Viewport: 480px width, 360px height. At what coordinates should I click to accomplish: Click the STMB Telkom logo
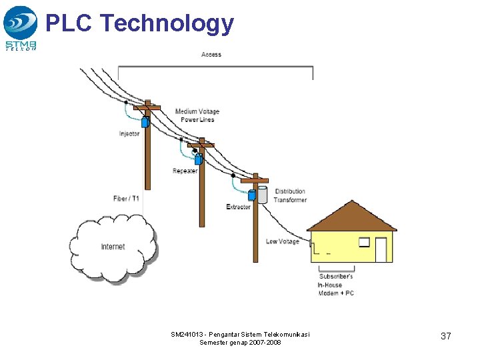21,27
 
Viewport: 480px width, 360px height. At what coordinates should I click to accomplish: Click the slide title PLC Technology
139,23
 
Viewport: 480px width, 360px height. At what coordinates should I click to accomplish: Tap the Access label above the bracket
211,54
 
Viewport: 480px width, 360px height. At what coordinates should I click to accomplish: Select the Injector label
129,134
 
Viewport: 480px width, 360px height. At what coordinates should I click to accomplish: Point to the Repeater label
185,171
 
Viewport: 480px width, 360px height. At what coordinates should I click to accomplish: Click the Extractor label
238,207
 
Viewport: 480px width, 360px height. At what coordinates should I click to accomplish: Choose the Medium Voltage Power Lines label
197,115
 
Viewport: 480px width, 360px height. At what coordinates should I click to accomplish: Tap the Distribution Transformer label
290,195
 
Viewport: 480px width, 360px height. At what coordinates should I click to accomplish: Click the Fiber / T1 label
126,199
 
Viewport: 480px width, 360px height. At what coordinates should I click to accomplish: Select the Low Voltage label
282,241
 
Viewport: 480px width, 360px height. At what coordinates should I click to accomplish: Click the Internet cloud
113,247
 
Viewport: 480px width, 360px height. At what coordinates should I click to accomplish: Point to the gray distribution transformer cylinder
262,194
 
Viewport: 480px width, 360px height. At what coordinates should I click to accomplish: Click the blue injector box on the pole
144,123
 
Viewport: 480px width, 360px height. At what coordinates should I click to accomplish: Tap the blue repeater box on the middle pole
197,160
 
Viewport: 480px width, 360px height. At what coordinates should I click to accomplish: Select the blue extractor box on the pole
251,195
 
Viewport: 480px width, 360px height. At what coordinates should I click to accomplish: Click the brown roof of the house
351,217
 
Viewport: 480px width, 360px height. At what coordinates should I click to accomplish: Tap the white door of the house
381,249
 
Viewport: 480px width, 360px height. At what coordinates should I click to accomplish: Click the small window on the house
363,241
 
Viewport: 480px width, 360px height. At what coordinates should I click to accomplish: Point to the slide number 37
445,336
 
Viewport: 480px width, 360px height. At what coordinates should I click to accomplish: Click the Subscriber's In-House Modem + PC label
336,285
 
